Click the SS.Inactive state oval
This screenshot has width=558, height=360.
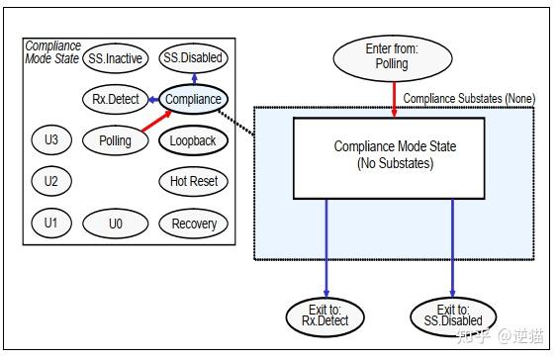click(x=115, y=58)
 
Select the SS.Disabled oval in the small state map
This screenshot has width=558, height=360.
click(x=193, y=58)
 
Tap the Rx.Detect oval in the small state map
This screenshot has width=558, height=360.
click(x=115, y=99)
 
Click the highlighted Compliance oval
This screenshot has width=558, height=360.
click(x=193, y=99)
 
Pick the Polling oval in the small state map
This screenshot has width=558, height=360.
click(x=115, y=140)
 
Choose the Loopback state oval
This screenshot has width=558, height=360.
click(x=193, y=140)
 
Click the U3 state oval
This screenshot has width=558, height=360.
click(x=50, y=140)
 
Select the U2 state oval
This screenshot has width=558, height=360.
click(x=50, y=181)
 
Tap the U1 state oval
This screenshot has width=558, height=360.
click(x=50, y=223)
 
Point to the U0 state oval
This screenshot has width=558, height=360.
click(x=115, y=223)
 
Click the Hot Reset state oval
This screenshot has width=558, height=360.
click(x=193, y=181)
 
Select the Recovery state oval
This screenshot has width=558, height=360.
click(x=193, y=223)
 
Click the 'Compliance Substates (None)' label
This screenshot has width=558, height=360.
click(x=468, y=98)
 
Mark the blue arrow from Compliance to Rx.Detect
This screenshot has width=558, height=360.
click(x=151, y=99)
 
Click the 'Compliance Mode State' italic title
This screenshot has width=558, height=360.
click(x=52, y=52)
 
